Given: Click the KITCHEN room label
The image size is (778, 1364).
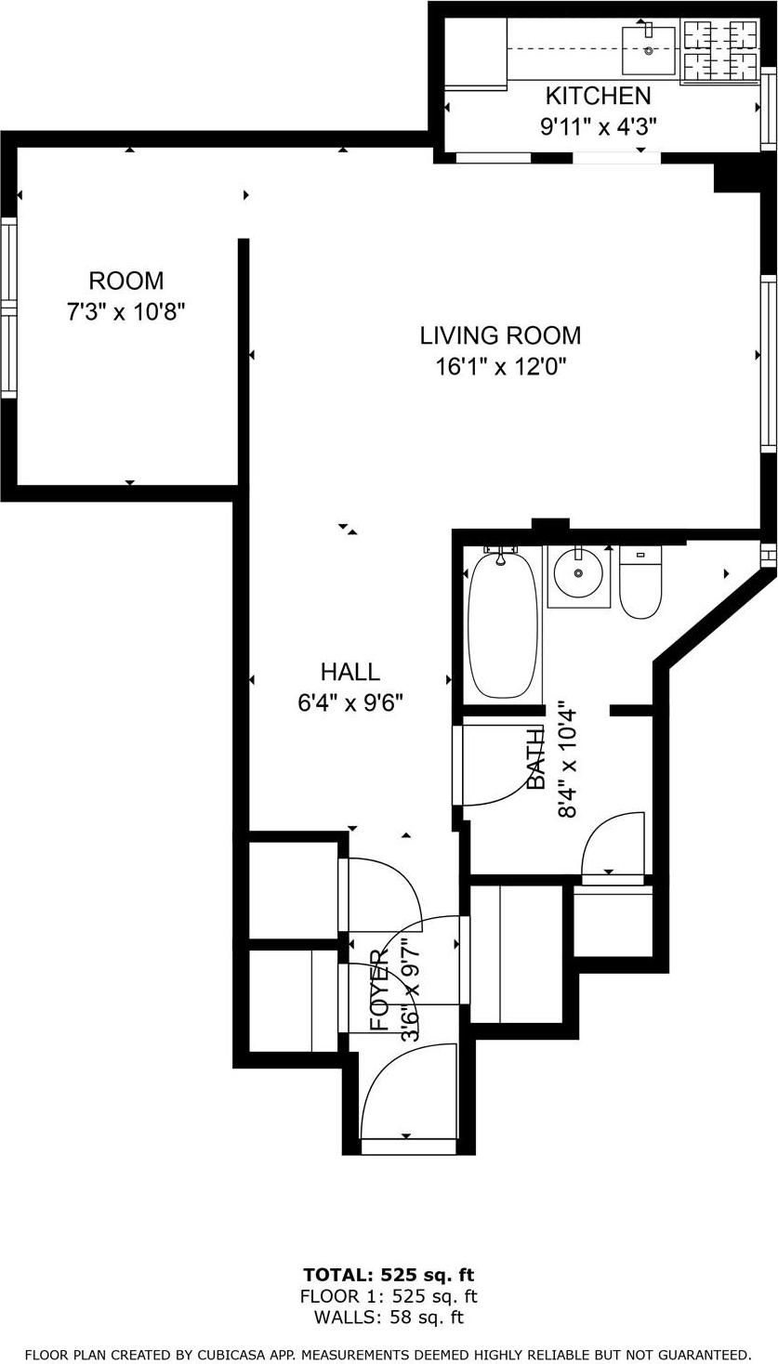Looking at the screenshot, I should coord(598,96).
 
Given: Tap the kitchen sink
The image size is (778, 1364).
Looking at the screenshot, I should coord(648,50).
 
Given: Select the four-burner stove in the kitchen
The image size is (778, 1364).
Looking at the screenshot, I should coord(719,51).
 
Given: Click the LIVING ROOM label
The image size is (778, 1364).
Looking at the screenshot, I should coord(500,335).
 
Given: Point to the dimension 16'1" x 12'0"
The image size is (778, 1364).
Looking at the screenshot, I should coord(500,367).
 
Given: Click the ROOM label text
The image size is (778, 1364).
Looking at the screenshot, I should coord(125,281).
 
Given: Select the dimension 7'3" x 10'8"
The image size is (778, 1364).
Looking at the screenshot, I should coord(125,312).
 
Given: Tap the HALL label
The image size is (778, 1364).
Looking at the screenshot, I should coord(349,671).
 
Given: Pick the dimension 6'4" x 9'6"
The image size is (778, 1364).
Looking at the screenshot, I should coord(349,702).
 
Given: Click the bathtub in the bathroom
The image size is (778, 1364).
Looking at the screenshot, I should coord(503,623).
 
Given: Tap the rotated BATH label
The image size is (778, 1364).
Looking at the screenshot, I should coord(537,759).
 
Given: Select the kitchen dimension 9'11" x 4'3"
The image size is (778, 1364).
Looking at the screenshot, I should coord(598,127).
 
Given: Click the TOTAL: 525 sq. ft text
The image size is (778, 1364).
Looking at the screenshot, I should coord(389,1275).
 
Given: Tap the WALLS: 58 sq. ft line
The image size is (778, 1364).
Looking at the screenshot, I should coord(389,1317).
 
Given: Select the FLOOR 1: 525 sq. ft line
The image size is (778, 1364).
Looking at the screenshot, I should coord(389,1296).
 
